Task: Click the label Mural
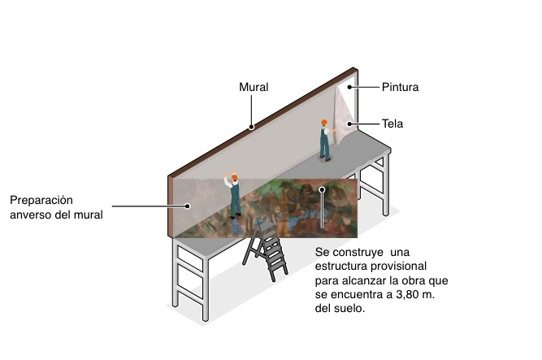[254, 87]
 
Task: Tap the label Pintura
[401, 87]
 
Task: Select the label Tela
[392, 124]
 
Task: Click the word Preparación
[41, 201]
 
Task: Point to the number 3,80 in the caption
[408, 295]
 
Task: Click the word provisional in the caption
[398, 267]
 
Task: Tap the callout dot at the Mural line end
[251, 127]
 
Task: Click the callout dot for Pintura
[349, 87]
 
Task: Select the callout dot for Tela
[349, 124]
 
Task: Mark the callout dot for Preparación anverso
[188, 206]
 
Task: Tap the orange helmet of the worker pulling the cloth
[324, 122]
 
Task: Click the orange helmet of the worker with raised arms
[234, 177]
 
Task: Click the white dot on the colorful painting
[322, 189]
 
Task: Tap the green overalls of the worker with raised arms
[236, 200]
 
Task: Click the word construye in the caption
[358, 253]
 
